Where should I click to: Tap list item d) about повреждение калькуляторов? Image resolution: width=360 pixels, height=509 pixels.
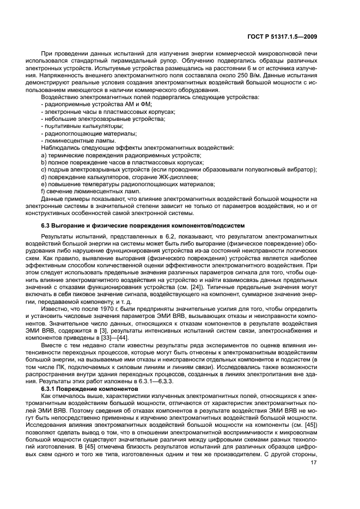(x=120, y=177)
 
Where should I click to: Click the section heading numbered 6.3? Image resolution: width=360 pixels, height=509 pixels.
(x=139, y=225)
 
